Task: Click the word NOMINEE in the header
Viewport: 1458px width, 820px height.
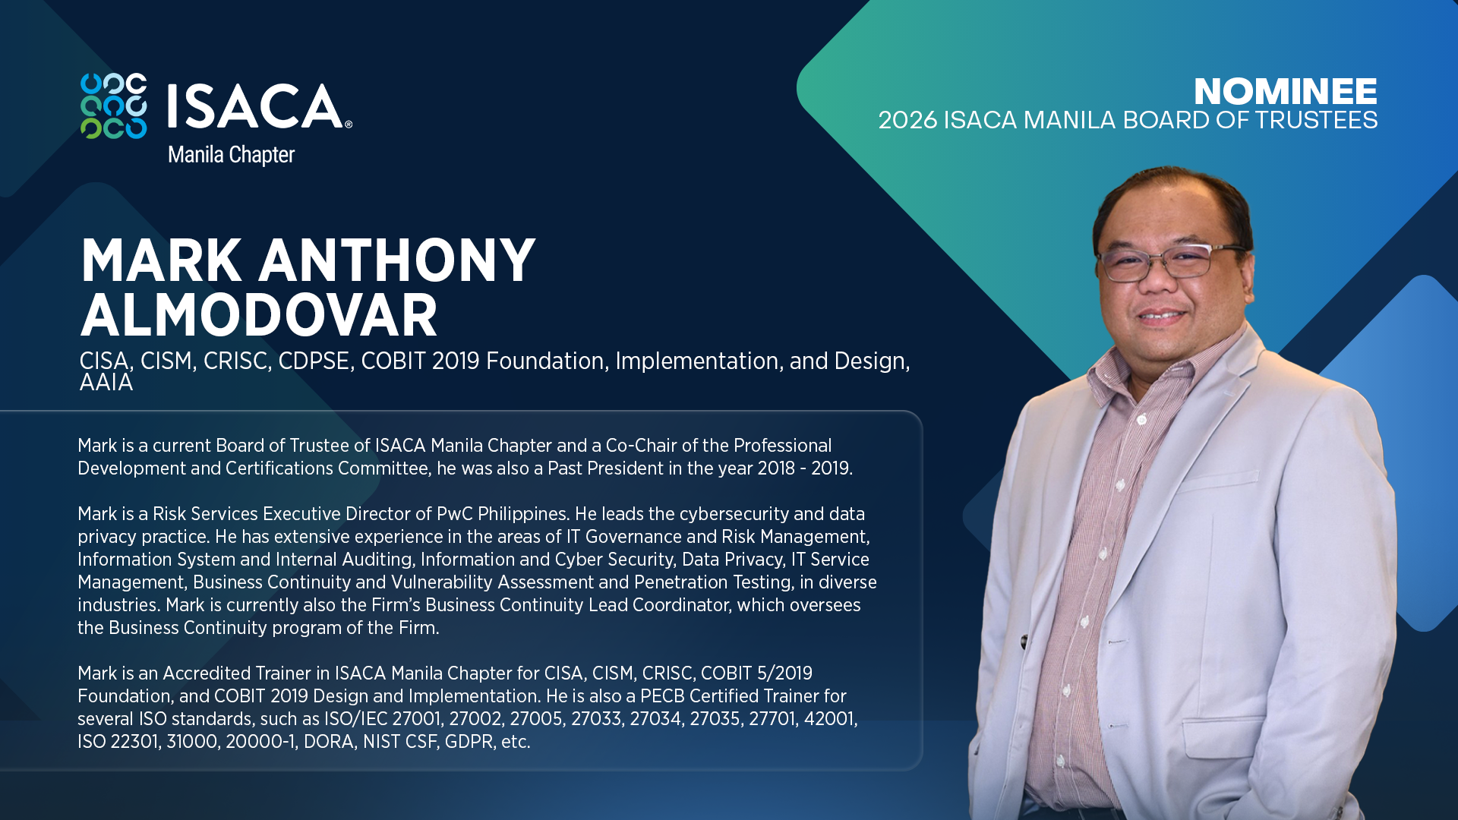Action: tap(1285, 92)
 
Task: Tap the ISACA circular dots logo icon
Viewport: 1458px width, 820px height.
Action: tap(114, 106)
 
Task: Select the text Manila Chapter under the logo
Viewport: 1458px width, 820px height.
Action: tap(231, 155)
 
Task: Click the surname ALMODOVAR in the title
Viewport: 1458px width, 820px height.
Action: tap(259, 316)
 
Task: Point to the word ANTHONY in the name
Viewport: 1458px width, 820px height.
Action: tap(397, 260)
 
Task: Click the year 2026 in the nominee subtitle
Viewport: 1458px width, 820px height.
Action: tap(907, 121)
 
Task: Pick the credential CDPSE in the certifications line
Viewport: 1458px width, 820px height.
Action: tap(314, 361)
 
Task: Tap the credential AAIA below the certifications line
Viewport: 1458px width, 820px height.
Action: tap(106, 383)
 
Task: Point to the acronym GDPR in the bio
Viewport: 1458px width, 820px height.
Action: tap(469, 742)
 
